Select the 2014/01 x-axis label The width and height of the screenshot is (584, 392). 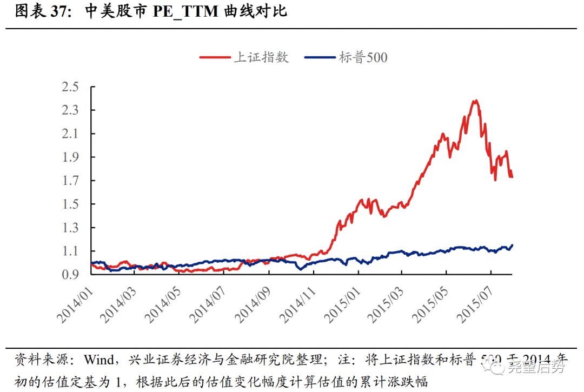(74, 303)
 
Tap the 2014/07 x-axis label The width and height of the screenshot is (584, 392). (207, 303)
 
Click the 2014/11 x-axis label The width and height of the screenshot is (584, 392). (296, 303)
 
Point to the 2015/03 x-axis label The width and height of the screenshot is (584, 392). (384, 303)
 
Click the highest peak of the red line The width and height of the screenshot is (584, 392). (475, 101)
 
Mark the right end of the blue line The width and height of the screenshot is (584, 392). (512, 245)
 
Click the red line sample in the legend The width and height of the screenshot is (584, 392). (215, 57)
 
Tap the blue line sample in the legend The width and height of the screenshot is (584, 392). (320, 57)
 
